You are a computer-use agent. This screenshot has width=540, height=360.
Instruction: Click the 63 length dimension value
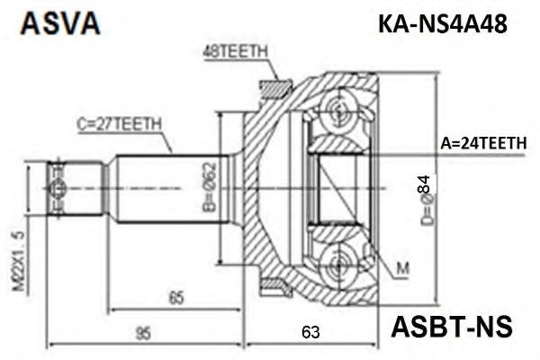[x=310, y=335]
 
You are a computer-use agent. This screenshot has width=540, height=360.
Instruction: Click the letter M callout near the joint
[x=400, y=267]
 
